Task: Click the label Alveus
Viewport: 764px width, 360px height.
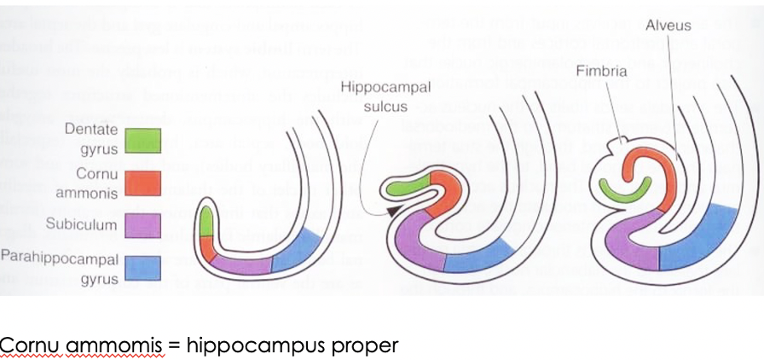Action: click(667, 26)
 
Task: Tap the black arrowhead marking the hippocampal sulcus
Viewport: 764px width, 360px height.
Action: click(391, 211)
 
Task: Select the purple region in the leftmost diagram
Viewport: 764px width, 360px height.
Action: click(243, 264)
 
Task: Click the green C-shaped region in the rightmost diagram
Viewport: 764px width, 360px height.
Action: click(626, 189)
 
